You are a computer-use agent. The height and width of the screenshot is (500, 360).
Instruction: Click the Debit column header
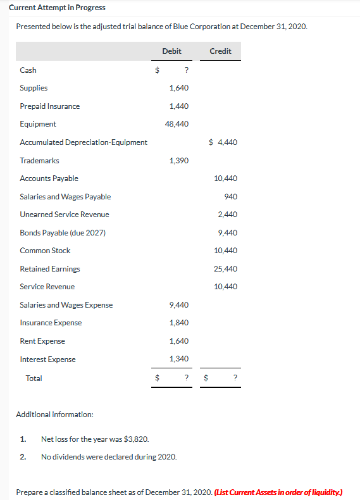(x=171, y=51)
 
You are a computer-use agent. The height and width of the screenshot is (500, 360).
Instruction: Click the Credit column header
(x=220, y=51)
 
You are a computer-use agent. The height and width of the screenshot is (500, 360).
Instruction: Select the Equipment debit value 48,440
(x=177, y=124)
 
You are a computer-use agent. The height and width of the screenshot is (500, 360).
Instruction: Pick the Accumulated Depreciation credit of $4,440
(x=223, y=142)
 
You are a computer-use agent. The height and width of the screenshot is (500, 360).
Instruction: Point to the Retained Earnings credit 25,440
(x=226, y=269)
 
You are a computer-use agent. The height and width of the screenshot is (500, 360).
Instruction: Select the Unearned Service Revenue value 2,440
(x=228, y=215)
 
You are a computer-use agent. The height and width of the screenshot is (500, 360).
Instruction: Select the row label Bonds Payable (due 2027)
(x=63, y=233)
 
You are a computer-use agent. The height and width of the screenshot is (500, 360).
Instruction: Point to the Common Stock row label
(x=45, y=251)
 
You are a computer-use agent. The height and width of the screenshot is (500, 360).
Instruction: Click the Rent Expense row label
(x=42, y=341)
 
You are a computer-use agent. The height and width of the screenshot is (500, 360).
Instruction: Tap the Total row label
(x=34, y=378)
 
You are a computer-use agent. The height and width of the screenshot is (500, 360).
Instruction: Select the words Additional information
(x=54, y=415)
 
